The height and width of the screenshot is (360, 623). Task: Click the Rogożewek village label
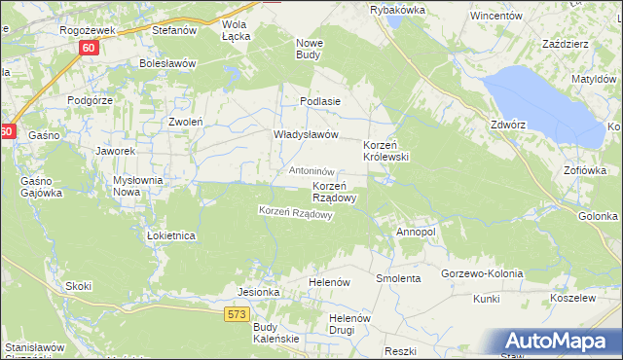pos(88,30)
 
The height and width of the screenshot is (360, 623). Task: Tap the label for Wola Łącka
pos(236,30)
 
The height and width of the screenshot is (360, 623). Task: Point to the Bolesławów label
pos(167,63)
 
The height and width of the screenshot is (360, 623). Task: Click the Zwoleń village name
pos(185,123)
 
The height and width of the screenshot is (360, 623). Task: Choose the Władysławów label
pos(305,135)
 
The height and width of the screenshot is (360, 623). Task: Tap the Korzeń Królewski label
pos(385,150)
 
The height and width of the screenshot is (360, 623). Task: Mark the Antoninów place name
pos(312,171)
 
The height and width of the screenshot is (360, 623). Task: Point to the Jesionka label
pos(259,292)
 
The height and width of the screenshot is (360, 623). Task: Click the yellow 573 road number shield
pos(237,313)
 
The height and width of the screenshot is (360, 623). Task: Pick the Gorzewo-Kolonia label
pos(483,273)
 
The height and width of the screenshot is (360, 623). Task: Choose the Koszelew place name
pos(571,299)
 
